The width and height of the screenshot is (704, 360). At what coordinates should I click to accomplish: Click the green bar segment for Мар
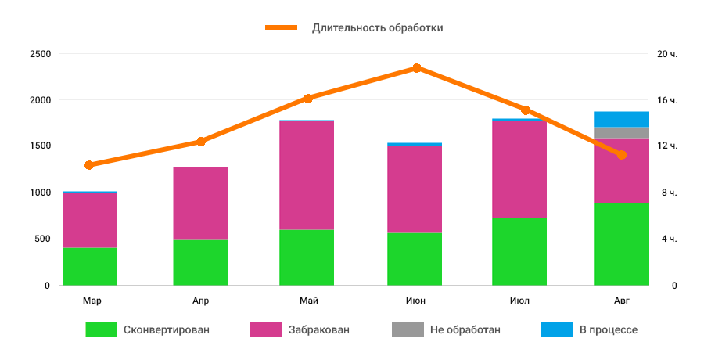click(x=90, y=266)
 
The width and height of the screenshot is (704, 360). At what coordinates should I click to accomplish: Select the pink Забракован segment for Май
click(x=307, y=175)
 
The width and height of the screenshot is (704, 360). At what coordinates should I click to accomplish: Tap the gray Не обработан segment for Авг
click(x=622, y=132)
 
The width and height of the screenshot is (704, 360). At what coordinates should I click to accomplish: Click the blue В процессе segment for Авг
click(x=622, y=119)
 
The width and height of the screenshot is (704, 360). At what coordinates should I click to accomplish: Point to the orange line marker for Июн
click(x=417, y=68)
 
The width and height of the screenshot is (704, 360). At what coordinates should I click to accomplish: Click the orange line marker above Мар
click(x=89, y=165)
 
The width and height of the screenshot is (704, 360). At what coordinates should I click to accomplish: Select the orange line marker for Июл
click(x=526, y=110)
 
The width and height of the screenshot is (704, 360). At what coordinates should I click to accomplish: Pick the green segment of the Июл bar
click(x=519, y=252)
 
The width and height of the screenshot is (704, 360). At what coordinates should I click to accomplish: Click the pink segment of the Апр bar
click(x=200, y=203)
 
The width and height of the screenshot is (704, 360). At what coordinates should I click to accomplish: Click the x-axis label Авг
click(x=622, y=301)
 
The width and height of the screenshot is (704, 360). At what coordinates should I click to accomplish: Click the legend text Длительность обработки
click(x=378, y=27)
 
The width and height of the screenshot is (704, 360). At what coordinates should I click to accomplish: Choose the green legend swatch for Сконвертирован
click(x=101, y=329)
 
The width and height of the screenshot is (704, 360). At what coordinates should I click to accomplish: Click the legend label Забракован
click(x=318, y=329)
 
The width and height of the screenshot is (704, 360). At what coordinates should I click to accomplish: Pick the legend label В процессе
click(x=609, y=329)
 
